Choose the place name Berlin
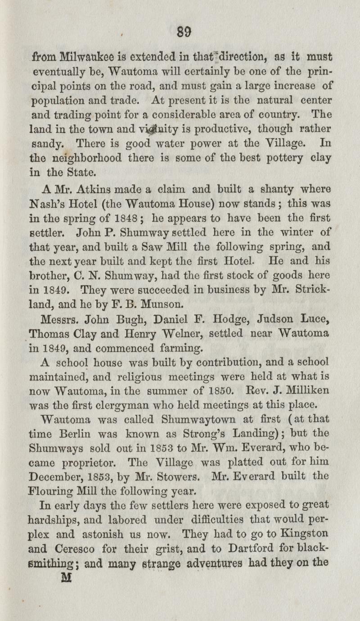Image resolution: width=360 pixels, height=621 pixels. pyautogui.click(x=78, y=434)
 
